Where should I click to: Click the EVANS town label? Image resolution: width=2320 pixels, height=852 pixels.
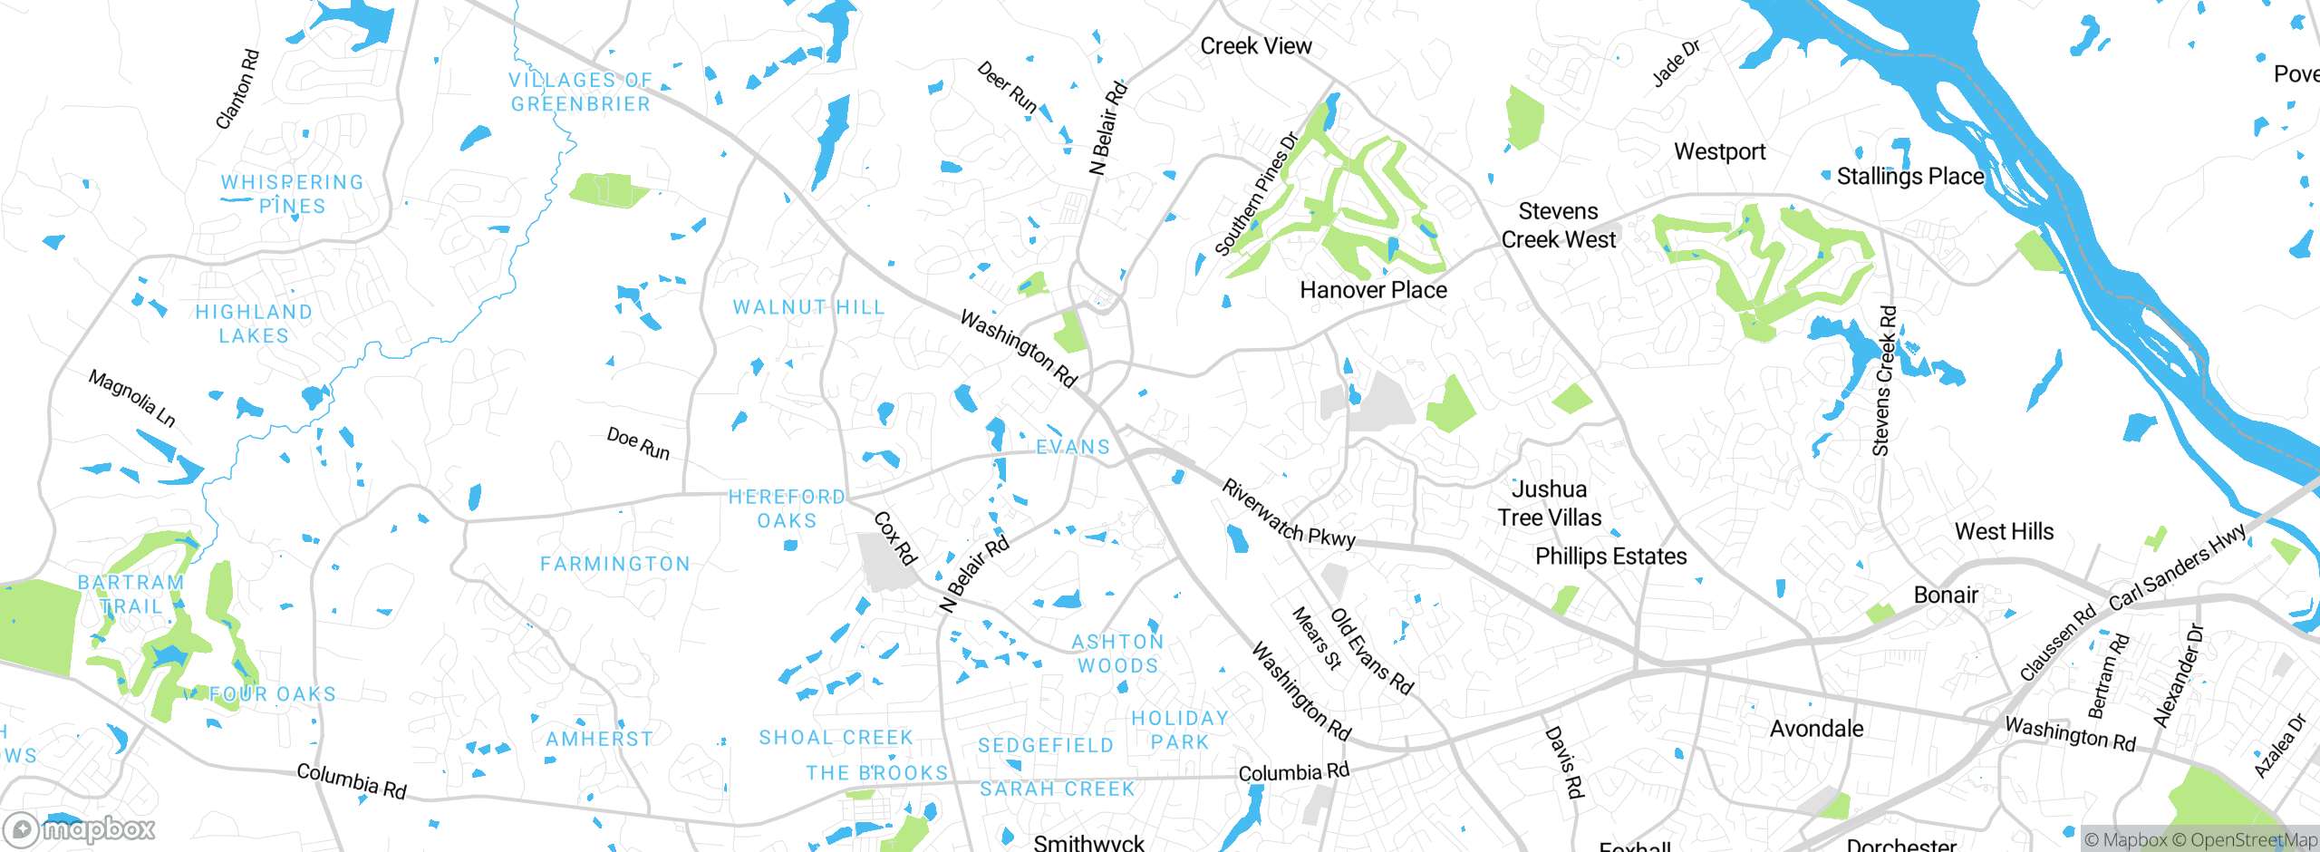coord(1073,447)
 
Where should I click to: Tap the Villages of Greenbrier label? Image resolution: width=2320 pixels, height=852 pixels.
coord(580,92)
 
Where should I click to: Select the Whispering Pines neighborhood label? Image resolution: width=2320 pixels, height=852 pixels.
coord(292,194)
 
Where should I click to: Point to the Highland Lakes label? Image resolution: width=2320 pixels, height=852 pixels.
coord(254,324)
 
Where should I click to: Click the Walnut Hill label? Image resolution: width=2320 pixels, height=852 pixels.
coord(808,307)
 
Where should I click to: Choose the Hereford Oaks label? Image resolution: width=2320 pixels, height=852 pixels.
coord(787,508)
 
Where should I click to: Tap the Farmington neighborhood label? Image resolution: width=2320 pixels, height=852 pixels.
coord(615,564)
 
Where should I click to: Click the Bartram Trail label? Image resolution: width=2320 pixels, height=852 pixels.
coord(131,594)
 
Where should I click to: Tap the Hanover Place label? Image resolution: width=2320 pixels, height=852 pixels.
coord(1373,290)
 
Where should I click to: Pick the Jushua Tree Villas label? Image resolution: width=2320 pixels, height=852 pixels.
coord(1550,503)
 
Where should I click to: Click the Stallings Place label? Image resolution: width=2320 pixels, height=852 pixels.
coord(1910,176)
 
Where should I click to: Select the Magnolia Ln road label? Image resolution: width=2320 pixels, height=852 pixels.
coord(132,398)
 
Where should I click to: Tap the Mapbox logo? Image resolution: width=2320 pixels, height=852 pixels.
coord(80,828)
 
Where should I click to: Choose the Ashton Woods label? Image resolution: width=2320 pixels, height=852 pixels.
coord(1117,654)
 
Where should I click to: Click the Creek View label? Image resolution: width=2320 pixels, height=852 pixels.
coord(1255,46)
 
